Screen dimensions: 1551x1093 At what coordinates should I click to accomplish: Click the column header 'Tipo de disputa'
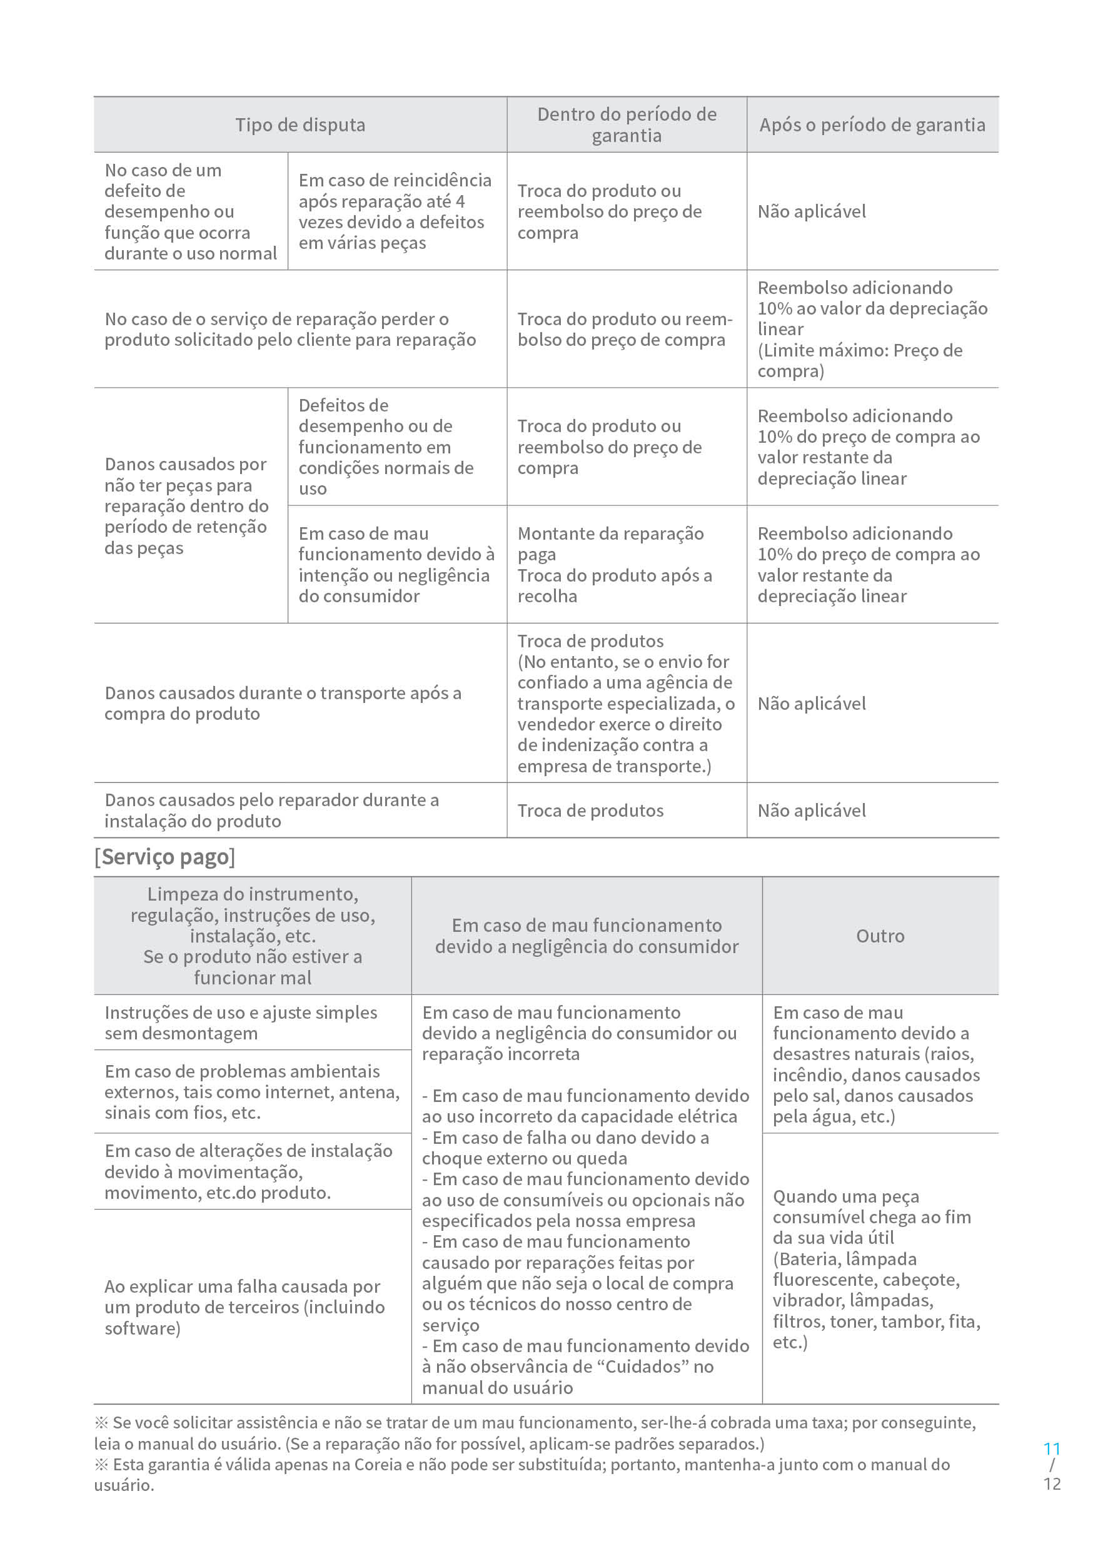[x=300, y=125]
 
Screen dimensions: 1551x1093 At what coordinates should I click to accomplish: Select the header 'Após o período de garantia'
[x=872, y=125]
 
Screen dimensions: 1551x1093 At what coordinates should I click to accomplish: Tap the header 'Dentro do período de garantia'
[x=626, y=125]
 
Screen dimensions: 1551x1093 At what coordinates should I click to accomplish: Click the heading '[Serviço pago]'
[x=165, y=857]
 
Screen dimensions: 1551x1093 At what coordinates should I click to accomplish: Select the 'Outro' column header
[x=880, y=936]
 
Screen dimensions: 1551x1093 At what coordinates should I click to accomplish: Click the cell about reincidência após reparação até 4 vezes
[x=395, y=211]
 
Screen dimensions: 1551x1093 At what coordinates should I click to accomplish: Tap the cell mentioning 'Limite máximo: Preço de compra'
[x=872, y=329]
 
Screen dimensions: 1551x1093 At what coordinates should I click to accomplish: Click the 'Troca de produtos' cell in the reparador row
[x=590, y=811]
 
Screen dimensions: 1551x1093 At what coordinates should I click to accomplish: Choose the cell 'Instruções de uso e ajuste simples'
[x=241, y=1023]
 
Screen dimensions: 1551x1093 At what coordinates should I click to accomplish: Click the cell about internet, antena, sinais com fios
[x=251, y=1092]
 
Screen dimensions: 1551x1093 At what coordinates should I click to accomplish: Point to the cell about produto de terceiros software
[x=244, y=1307]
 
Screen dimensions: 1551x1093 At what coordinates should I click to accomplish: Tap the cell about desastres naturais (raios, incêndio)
[x=875, y=1064]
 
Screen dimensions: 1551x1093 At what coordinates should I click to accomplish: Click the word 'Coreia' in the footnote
[x=378, y=1464]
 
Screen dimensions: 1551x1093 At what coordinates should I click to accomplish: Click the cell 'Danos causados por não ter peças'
[x=186, y=505]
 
